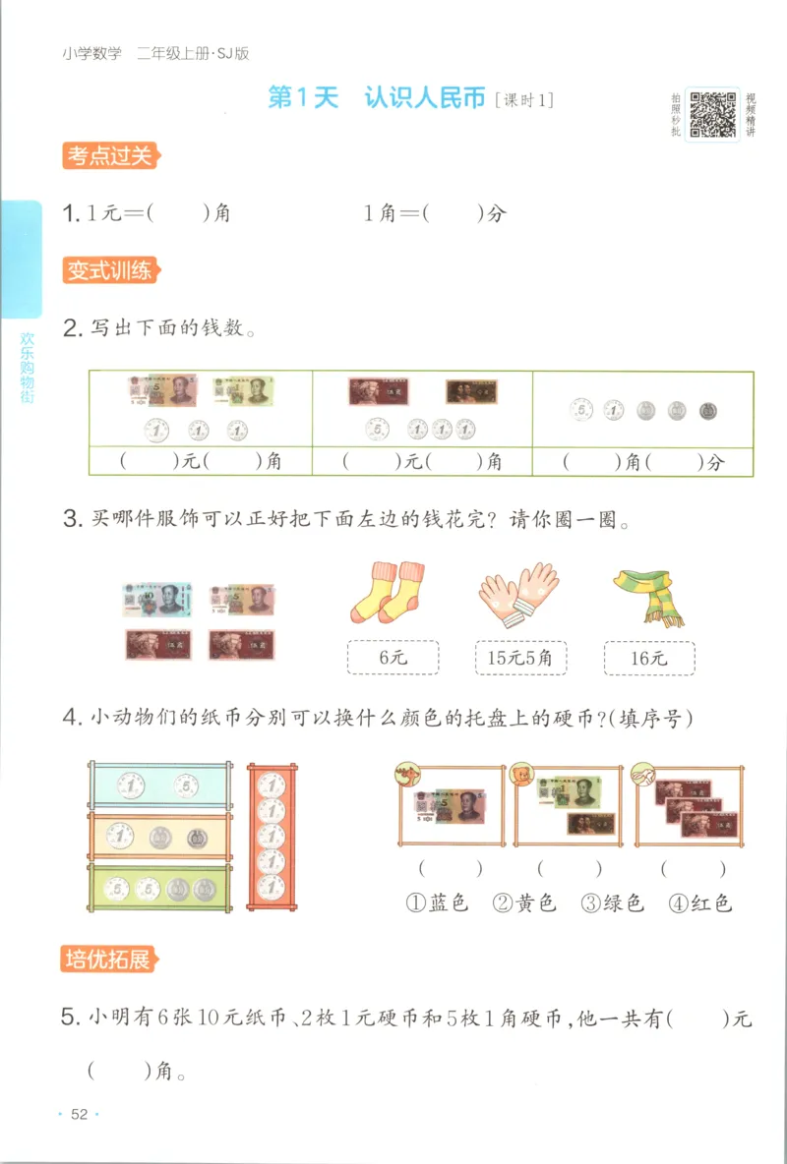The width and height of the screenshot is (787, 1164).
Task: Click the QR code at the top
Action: (712, 115)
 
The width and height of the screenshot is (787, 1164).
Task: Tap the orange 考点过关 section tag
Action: (108, 155)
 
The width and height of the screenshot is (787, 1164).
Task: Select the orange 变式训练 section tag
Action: (108, 269)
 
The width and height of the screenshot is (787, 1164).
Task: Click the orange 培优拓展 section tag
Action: (108, 960)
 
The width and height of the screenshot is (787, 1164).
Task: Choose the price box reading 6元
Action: (393, 658)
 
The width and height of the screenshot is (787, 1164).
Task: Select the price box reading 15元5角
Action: (519, 658)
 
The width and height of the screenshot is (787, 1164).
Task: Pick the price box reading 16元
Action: (648, 658)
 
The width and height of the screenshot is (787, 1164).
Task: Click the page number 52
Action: (80, 1114)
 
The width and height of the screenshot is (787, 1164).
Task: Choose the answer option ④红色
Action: (700, 902)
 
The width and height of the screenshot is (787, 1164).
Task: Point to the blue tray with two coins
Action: (158, 785)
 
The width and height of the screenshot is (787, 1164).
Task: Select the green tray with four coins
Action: (158, 890)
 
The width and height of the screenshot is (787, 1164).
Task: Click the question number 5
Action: (69, 1018)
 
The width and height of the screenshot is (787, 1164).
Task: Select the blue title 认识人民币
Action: (424, 98)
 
